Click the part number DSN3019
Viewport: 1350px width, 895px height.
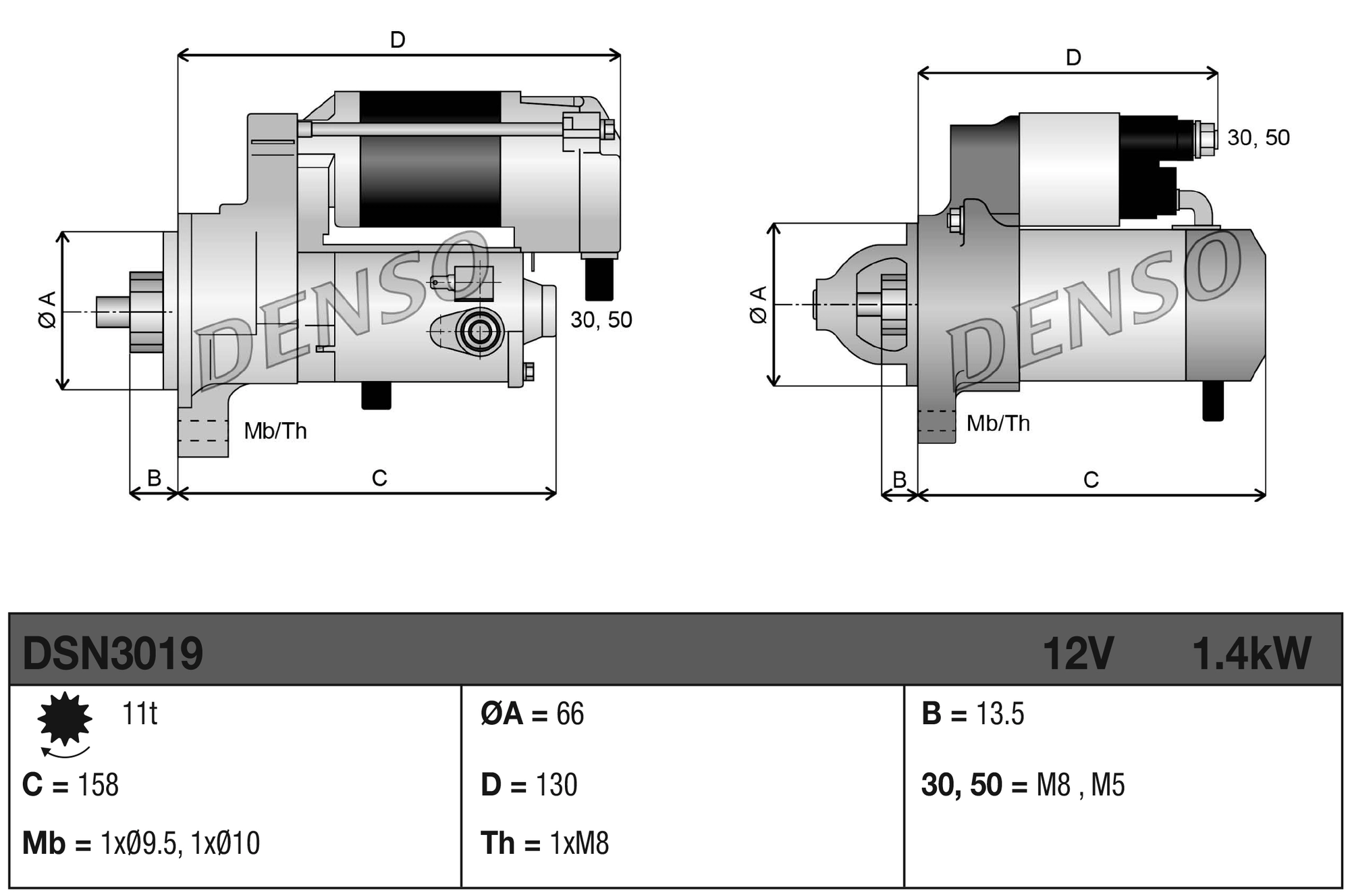pyautogui.click(x=113, y=653)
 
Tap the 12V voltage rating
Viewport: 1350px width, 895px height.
pyautogui.click(x=1077, y=653)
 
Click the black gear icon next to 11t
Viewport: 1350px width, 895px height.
pyautogui.click(x=65, y=719)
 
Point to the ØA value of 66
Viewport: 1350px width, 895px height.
pyautogui.click(x=570, y=714)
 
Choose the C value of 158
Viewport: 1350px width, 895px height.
pyautogui.click(x=99, y=785)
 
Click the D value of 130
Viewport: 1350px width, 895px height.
pyautogui.click(x=556, y=785)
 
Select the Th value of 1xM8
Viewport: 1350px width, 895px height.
pyautogui.click(x=579, y=844)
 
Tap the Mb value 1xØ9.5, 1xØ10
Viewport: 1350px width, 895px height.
pyautogui.click(x=180, y=844)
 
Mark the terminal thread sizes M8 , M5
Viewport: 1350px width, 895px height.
pyautogui.click(x=1080, y=785)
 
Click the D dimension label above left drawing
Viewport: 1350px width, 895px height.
pyautogui.click(x=398, y=41)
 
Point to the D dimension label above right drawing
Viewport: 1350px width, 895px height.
pyautogui.click(x=1073, y=58)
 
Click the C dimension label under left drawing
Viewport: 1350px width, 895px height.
pyautogui.click(x=379, y=478)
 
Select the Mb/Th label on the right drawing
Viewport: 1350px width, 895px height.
pyautogui.click(x=998, y=424)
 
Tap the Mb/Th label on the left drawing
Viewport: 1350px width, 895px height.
pyautogui.click(x=275, y=431)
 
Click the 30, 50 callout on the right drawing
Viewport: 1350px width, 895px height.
pyautogui.click(x=1258, y=138)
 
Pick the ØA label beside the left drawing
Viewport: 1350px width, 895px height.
pyautogui.click(x=47, y=310)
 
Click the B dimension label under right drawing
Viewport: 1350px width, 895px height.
pyautogui.click(x=899, y=480)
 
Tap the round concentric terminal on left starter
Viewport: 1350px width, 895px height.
pyautogui.click(x=480, y=332)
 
